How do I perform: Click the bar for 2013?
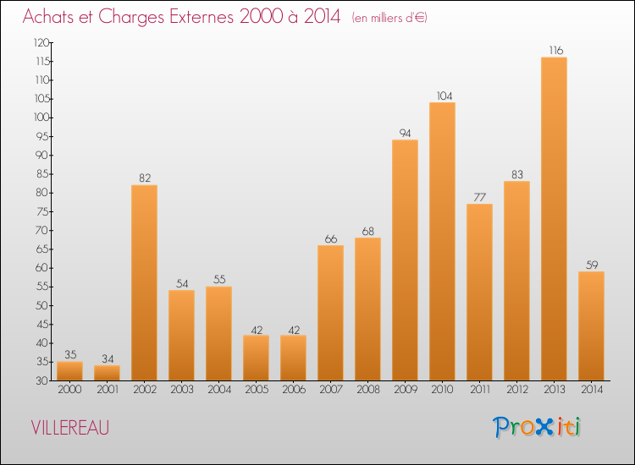point(554,219)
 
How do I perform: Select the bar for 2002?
point(144,282)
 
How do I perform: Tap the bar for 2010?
point(442,241)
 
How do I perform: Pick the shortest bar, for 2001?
point(107,373)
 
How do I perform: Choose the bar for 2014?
point(591,325)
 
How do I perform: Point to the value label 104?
point(442,96)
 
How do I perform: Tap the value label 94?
point(405,134)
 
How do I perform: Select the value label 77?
point(479,197)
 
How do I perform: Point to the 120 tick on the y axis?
point(41,42)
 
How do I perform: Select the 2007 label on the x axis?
point(330,391)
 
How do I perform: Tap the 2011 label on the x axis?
point(479,391)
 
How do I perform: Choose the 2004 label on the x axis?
point(218,391)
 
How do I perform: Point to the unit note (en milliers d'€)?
point(389,18)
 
